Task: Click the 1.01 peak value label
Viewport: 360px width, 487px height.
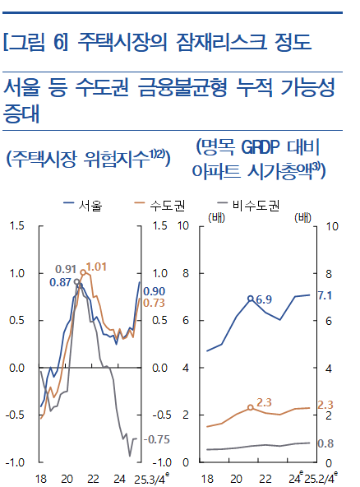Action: [97, 267]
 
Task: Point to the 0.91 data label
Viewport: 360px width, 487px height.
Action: [66, 269]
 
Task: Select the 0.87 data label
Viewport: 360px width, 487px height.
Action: [60, 282]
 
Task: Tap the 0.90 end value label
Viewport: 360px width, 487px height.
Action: [154, 291]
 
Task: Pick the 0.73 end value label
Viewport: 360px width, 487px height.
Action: [154, 304]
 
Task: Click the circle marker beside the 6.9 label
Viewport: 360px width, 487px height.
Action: [250, 299]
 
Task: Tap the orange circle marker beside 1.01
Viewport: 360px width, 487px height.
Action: [83, 272]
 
